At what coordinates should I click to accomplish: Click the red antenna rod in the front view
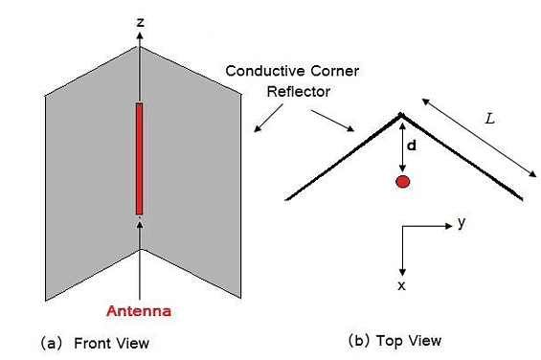(x=140, y=158)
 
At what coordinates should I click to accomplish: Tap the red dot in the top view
(x=403, y=181)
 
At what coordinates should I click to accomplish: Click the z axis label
(x=140, y=20)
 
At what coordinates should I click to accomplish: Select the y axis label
(x=462, y=222)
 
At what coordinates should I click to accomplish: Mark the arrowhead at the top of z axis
(x=140, y=36)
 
